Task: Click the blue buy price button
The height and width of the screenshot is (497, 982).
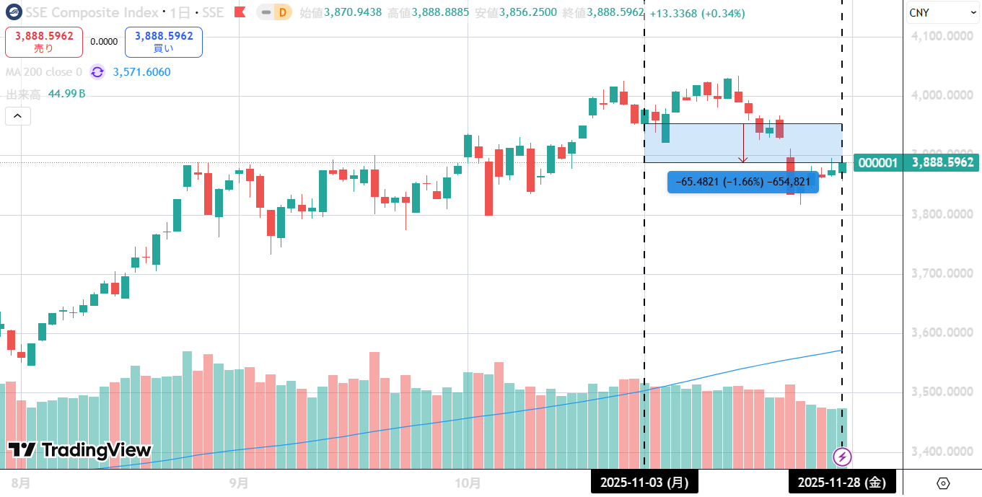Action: click(164, 42)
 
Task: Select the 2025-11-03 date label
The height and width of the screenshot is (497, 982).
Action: click(644, 482)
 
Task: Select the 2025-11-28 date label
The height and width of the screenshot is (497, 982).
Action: click(841, 482)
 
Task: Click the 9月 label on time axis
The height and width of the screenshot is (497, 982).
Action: click(239, 482)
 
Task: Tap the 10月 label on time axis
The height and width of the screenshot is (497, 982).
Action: click(468, 482)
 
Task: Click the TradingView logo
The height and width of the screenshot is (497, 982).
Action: click(79, 451)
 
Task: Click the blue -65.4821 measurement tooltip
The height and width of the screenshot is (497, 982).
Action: click(743, 182)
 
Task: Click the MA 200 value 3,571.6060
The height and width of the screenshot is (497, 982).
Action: click(141, 72)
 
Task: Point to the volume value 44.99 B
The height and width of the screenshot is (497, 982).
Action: click(66, 94)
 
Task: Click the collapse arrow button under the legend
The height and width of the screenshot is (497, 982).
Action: click(18, 116)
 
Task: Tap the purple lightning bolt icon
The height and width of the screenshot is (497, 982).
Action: click(842, 457)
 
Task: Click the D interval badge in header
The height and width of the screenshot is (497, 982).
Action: click(283, 13)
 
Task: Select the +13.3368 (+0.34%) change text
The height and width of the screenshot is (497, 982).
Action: click(697, 14)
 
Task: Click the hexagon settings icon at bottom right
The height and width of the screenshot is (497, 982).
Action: click(943, 483)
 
